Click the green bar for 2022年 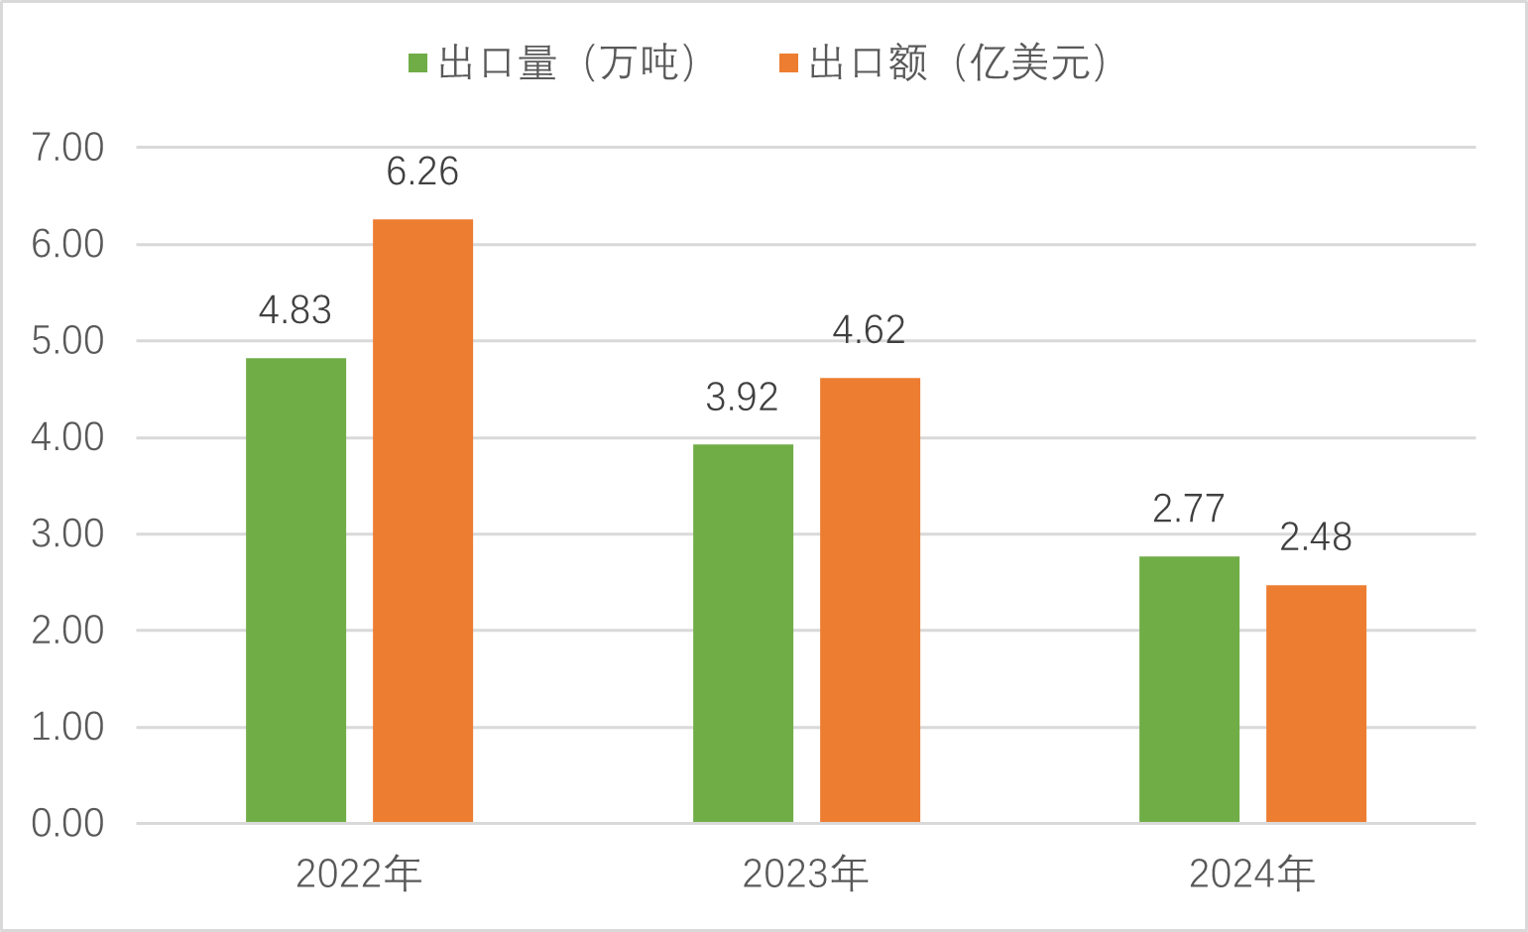pos(295,590)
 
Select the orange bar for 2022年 pos(422,521)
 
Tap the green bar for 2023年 pos(743,634)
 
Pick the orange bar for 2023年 pos(870,600)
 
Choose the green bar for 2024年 pos(1189,689)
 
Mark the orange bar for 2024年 pos(1316,704)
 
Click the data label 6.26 pos(422,172)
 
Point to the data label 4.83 pos(295,310)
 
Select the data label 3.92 pos(742,397)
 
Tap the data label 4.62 pos(869,330)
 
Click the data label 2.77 pos(1189,509)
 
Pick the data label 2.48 pos(1316,537)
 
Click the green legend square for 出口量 pos(417,63)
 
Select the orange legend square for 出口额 pos(789,63)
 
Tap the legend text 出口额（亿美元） pos(958,63)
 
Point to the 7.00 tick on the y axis pos(67,148)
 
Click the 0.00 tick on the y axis pos(67,823)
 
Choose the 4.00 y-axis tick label pos(67,437)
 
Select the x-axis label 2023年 pos(805,874)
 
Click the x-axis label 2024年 pos(1251,874)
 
